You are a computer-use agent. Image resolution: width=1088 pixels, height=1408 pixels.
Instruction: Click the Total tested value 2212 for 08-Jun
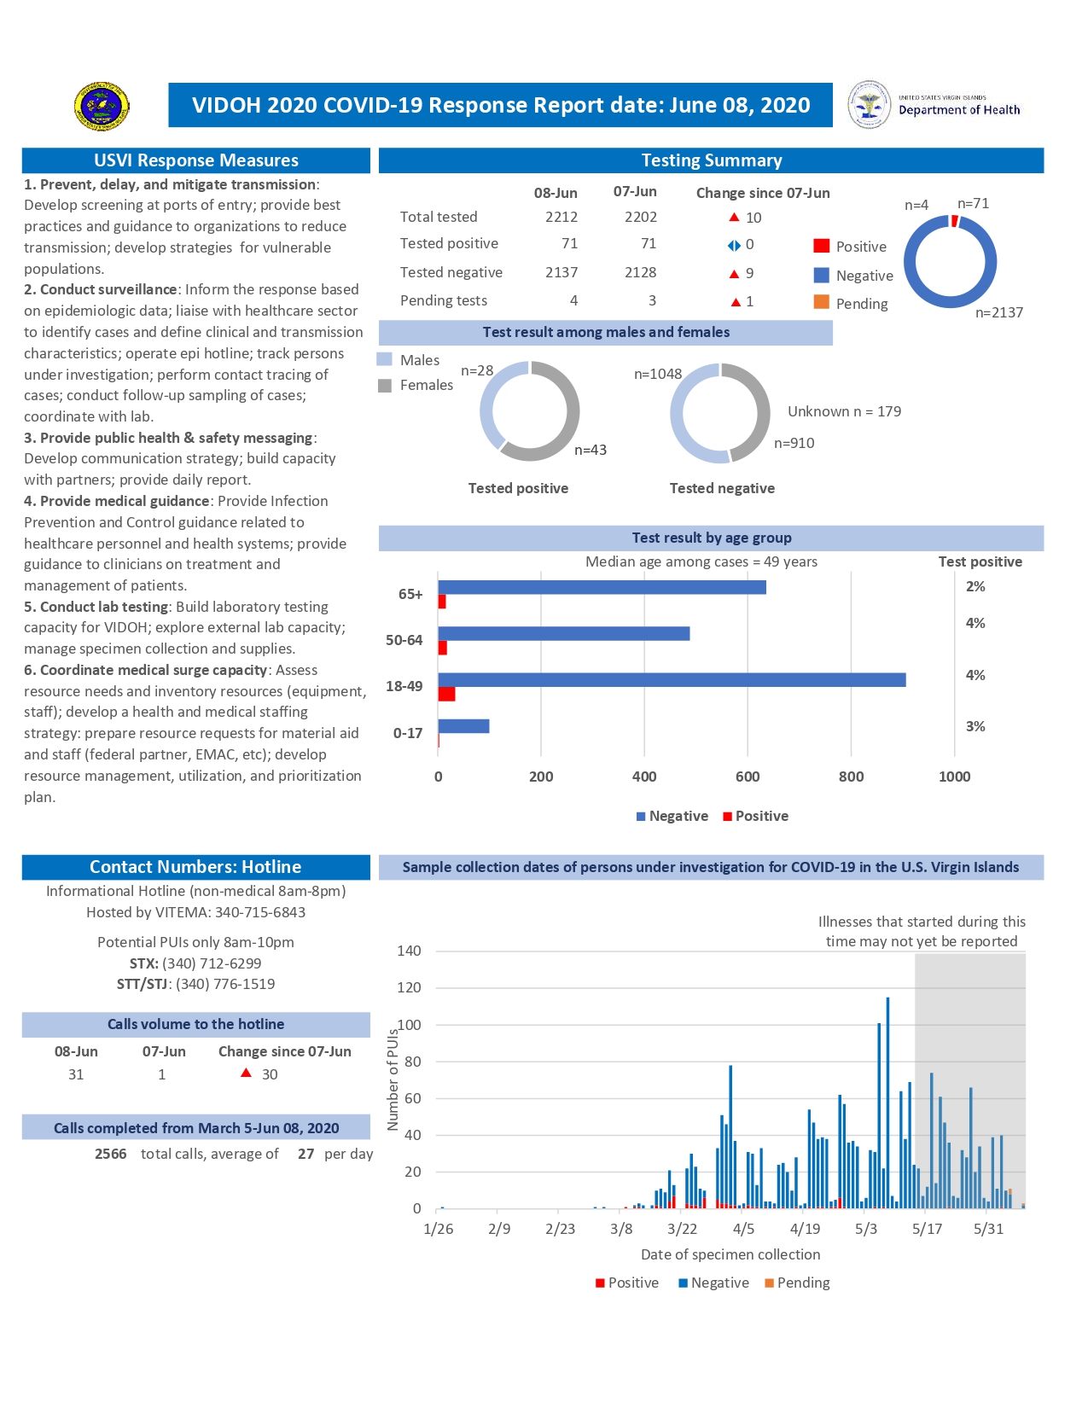coord(561,217)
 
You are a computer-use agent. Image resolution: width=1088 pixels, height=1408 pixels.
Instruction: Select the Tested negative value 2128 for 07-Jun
coord(640,272)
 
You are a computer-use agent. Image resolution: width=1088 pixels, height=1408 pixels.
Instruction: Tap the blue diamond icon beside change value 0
coord(734,246)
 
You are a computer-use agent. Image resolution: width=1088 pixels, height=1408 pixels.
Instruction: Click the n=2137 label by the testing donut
coord(998,312)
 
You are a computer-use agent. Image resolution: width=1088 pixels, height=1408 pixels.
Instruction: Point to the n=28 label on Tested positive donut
coord(477,370)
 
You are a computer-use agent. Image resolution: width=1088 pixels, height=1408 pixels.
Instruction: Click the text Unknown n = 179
coord(844,411)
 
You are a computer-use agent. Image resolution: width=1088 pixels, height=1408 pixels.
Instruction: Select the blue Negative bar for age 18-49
coord(672,680)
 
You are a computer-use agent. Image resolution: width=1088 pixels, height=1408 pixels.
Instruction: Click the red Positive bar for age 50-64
coord(442,649)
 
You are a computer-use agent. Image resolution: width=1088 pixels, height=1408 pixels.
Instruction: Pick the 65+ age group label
coord(410,594)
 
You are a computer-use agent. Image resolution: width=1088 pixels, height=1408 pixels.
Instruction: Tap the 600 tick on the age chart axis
coord(748,777)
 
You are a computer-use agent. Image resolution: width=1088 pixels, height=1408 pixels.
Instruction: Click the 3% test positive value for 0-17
coord(975,726)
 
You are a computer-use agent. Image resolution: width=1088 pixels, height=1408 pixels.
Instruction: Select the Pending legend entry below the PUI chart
coord(797,1283)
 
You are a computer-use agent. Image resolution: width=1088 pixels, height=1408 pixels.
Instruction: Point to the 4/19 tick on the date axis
coord(805,1229)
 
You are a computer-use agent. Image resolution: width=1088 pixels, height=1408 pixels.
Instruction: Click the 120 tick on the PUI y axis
coord(410,987)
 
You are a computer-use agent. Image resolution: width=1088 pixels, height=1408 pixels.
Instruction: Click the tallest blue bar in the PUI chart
coord(887,1101)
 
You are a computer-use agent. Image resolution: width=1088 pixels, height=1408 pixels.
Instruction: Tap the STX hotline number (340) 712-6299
coord(212,963)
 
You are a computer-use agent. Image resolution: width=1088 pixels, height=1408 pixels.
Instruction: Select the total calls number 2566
coord(111,1154)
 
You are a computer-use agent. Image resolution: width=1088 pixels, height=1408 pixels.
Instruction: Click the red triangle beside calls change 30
coord(246,1073)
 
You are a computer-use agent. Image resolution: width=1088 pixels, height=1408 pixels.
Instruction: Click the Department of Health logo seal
coord(869,104)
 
